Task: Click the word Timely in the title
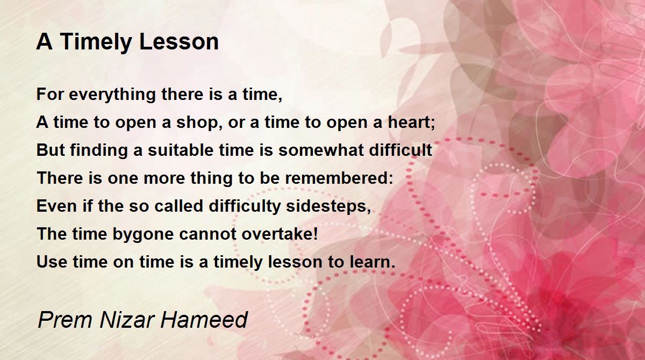[x=96, y=42]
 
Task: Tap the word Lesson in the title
[x=179, y=42]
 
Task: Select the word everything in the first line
[x=112, y=95]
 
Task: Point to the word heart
[x=410, y=122]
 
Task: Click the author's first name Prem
[x=65, y=320]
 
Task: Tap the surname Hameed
[x=204, y=320]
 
